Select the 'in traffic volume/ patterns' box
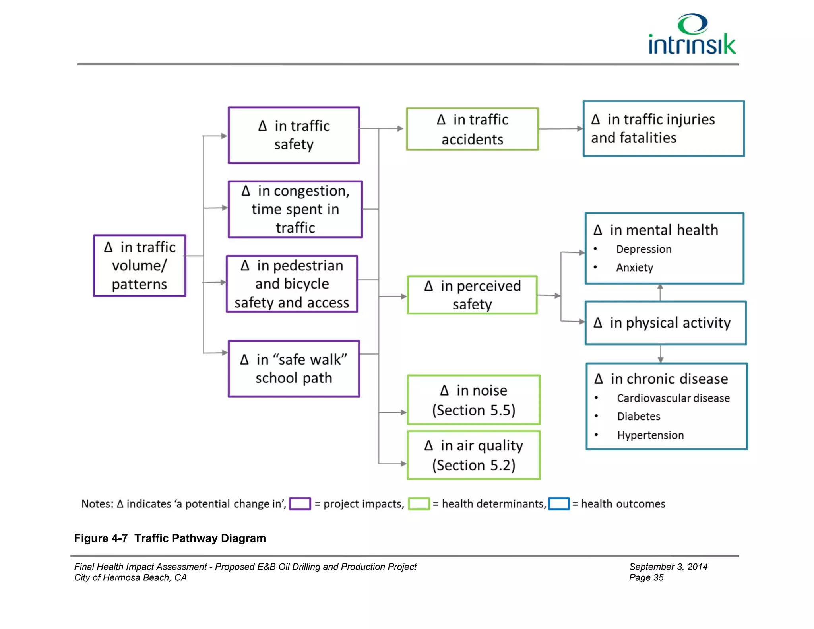pos(140,266)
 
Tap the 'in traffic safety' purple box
pos(294,135)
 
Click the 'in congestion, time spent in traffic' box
pos(295,210)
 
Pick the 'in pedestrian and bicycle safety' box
pos(292,284)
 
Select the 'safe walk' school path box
pos(294,369)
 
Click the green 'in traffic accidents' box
pos(473,129)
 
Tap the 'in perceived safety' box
pos(472,295)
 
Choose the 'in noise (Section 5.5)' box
pos(474,400)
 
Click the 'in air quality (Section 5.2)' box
pos(474,455)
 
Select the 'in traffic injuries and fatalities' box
pos(663,129)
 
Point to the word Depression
pos(643,249)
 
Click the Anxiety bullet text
pos(634,268)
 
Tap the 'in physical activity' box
pos(666,323)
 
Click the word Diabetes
pos(638,416)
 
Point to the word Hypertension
pos(650,435)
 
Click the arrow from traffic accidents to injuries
pos(560,129)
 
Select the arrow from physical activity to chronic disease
pos(661,354)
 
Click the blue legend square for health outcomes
pos(559,504)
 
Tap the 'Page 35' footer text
pos(646,578)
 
